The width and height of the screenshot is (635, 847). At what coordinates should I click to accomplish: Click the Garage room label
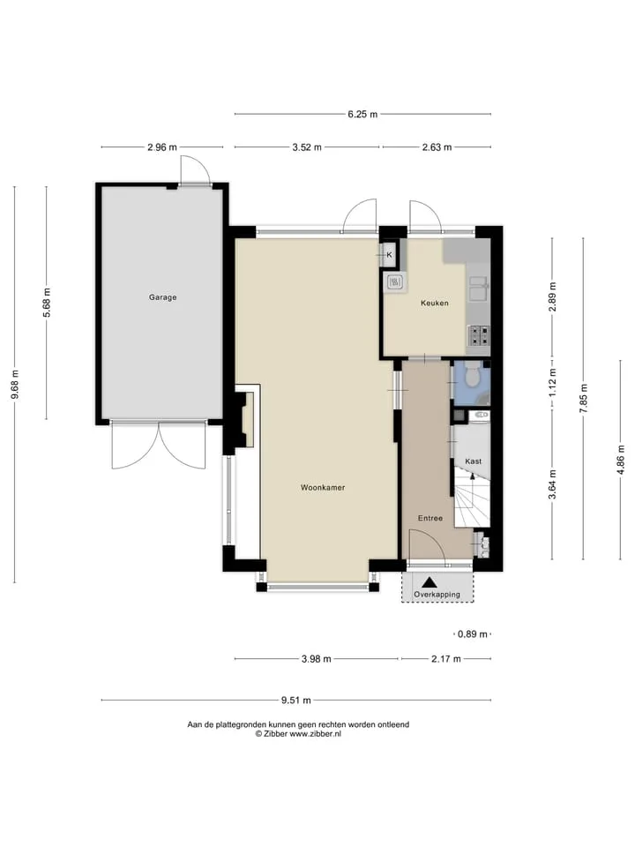tap(162, 297)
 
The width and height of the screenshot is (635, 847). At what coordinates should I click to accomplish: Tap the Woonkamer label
tap(323, 487)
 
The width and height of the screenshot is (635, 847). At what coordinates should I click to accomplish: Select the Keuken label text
tap(434, 303)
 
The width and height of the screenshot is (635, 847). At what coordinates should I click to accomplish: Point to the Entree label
tap(430, 518)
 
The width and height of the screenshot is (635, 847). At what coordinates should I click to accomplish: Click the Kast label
tap(473, 461)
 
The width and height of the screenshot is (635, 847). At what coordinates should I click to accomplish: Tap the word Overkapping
tap(437, 595)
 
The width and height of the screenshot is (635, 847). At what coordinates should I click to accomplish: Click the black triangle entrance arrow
tap(430, 582)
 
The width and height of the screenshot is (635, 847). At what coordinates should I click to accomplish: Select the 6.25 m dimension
tap(362, 114)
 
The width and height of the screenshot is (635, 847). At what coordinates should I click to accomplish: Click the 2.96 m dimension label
tap(162, 147)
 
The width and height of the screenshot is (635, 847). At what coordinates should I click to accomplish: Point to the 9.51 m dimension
tap(296, 701)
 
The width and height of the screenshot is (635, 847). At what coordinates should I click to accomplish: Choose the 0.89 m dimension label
tap(473, 634)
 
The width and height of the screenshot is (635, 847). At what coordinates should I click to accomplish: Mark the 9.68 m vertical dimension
tap(15, 384)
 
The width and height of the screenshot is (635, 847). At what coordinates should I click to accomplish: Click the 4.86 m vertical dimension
tap(620, 460)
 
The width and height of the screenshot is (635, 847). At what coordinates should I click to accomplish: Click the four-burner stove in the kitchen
tap(478, 335)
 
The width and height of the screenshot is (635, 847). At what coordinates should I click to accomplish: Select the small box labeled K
tap(389, 254)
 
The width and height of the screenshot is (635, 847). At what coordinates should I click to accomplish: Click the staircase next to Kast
tap(471, 498)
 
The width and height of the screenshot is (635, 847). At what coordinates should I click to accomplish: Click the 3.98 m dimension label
tap(317, 659)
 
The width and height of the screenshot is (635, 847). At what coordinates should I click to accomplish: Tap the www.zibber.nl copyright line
tap(298, 734)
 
